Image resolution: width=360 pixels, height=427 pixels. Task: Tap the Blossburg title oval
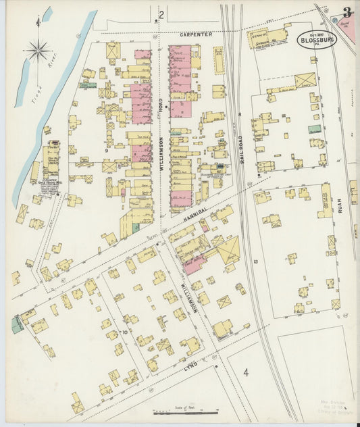tap(315, 39)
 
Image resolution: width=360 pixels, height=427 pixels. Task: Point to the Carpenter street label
tap(196, 34)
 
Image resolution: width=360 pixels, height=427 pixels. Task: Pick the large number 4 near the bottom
tap(247, 372)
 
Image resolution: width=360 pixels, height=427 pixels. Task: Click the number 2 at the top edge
tap(161, 14)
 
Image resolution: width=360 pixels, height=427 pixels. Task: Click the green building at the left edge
tap(17, 325)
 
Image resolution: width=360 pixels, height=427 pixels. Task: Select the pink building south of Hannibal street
tap(193, 265)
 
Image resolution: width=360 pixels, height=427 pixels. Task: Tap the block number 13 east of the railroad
tap(256, 261)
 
